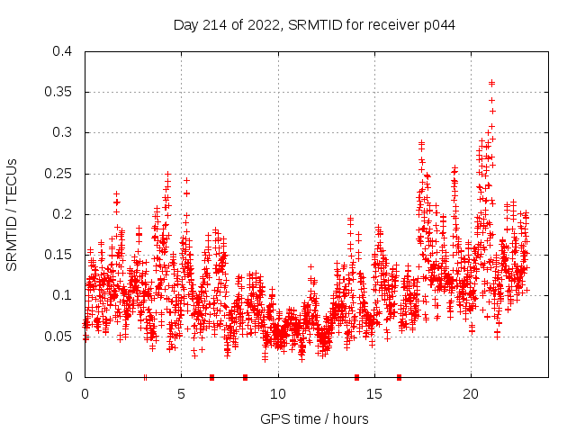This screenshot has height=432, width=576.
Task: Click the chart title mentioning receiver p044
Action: point(314,24)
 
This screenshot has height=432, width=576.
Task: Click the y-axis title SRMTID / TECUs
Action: point(12,214)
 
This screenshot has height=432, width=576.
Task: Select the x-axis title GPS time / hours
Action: point(314,418)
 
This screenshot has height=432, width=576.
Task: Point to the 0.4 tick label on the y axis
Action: point(61,51)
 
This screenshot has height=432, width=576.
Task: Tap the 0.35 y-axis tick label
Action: point(58,92)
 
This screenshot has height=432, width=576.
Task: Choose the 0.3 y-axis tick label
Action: point(61,132)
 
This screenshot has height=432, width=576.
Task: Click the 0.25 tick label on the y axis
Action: point(58,174)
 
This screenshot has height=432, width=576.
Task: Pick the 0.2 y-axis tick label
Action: point(61,214)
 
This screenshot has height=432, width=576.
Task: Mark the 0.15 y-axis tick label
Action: point(58,255)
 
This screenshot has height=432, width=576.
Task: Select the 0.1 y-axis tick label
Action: point(61,295)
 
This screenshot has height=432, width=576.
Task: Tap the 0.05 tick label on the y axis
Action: point(58,337)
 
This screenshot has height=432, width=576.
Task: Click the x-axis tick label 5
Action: point(182,393)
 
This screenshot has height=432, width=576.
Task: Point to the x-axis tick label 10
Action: point(278,393)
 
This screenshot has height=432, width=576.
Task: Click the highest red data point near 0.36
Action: point(491,83)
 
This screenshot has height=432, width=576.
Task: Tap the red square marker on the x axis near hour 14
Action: point(356,377)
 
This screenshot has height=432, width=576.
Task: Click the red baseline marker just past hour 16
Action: point(399,377)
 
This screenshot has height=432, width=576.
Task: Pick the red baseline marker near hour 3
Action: point(145,377)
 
